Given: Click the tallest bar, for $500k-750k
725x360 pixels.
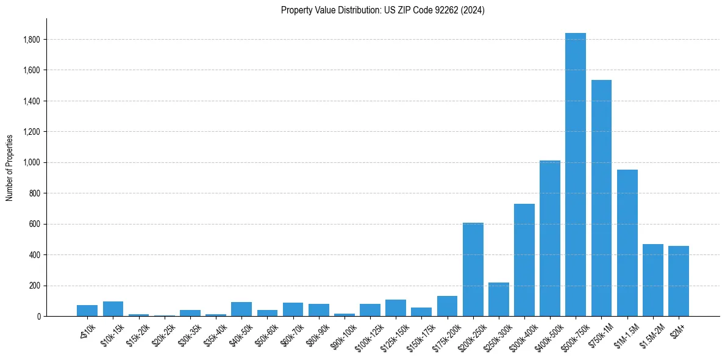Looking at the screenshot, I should (x=575, y=175).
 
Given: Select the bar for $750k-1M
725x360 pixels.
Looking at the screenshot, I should (x=601, y=198).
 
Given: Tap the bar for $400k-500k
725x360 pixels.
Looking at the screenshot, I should (x=549, y=239).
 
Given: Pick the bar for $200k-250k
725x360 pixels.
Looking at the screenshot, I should (x=473, y=270).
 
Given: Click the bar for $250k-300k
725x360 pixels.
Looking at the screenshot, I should (x=498, y=300).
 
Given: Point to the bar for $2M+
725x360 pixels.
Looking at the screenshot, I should (x=678, y=281).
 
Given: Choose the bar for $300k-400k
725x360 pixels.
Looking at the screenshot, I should (x=524, y=260).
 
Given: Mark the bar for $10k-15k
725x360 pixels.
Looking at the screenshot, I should (x=113, y=309).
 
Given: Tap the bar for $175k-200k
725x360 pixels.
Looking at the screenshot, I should (x=447, y=306).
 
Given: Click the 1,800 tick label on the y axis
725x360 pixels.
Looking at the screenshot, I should (x=32, y=40).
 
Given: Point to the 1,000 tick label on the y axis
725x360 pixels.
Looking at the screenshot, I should (x=32, y=163).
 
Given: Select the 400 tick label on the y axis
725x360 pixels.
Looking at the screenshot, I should (x=35, y=255).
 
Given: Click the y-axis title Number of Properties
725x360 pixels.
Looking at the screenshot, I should (x=10, y=167).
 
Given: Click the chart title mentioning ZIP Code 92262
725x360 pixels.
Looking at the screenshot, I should (x=382, y=10).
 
